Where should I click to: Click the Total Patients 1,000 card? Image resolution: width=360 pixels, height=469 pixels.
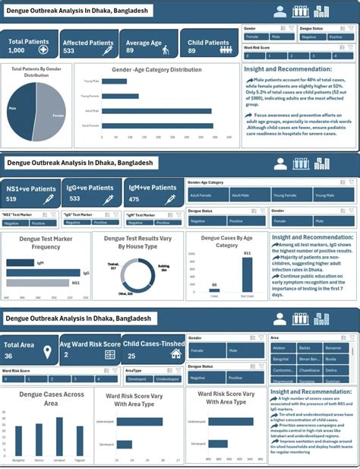29,46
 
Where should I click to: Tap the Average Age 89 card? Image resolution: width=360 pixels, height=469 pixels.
148,46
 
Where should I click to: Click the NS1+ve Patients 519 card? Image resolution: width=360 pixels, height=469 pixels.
30,193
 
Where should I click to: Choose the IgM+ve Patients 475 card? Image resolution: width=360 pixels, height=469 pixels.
153,193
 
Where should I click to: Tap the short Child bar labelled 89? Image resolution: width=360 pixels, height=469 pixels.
215,289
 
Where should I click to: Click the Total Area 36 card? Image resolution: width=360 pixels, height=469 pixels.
29,350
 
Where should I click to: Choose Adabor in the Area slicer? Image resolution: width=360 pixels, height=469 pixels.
281,348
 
